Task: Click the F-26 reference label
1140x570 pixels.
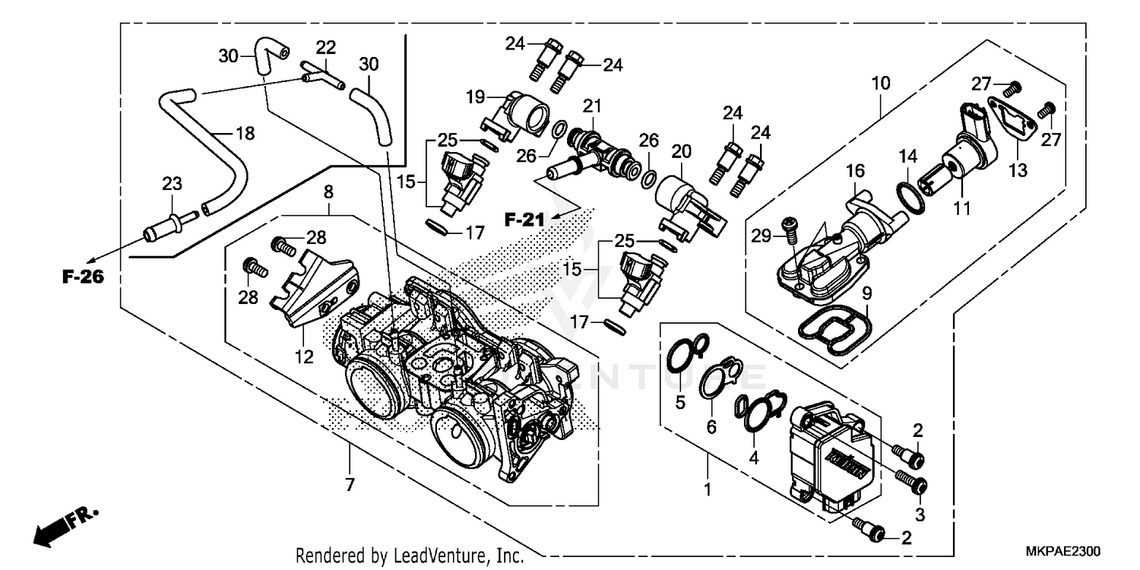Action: point(82,277)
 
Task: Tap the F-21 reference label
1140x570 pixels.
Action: point(525,220)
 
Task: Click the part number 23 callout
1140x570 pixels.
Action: point(171,183)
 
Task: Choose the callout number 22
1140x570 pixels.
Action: point(326,47)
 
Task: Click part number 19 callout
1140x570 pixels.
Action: point(475,97)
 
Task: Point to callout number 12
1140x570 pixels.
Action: point(304,356)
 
